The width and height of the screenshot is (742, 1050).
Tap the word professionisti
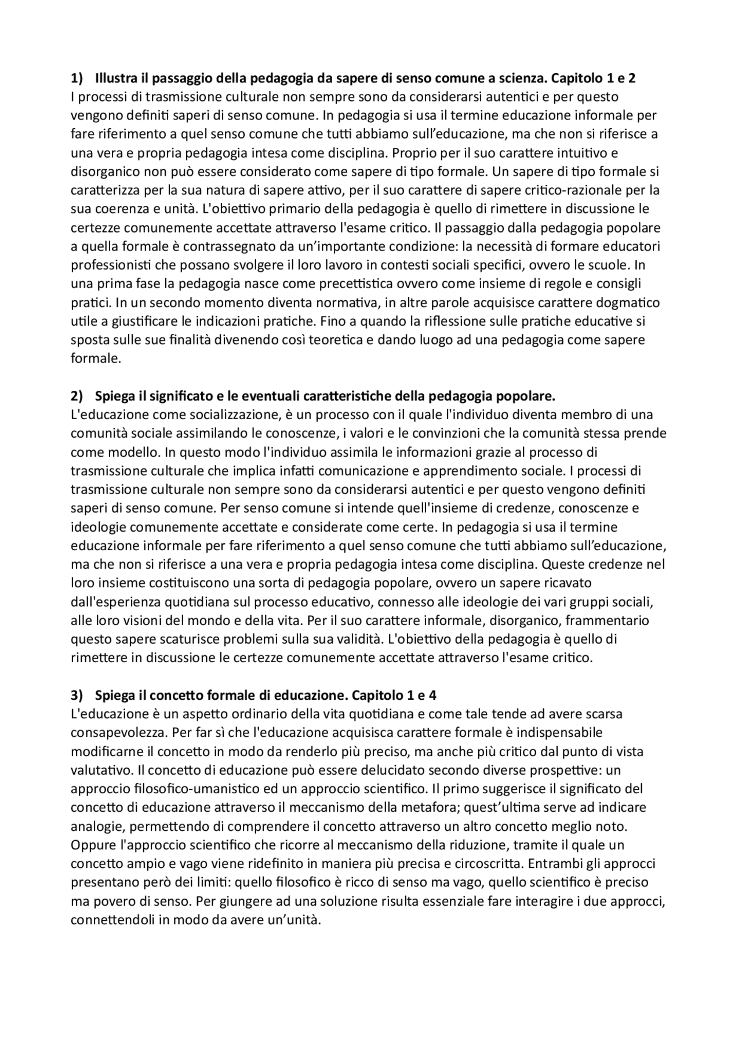coord(108,265)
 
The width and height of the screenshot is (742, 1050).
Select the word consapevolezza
coord(117,732)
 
